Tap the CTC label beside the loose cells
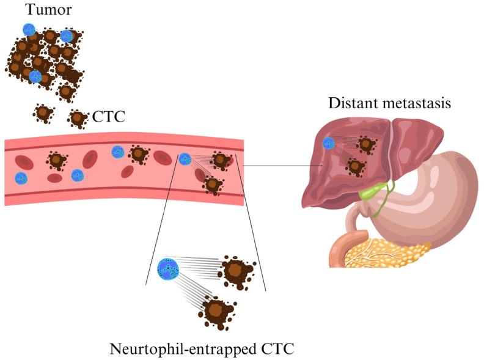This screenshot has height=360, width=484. tap(108, 117)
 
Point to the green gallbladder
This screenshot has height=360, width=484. tap(369, 193)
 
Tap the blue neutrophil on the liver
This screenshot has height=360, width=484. tap(329, 143)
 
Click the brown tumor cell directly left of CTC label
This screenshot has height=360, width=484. tap(78, 117)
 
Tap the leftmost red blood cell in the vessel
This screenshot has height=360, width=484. tap(24, 162)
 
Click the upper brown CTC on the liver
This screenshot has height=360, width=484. tap(366, 144)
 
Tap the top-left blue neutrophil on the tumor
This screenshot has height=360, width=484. tap(29, 29)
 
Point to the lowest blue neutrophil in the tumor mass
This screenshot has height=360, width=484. tap(35, 76)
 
